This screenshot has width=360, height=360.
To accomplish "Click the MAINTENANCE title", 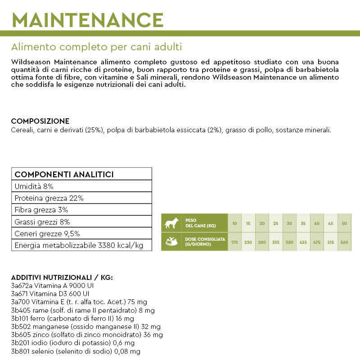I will pyautogui.click(x=87, y=19).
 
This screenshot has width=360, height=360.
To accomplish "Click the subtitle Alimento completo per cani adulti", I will pyautogui.click(x=96, y=47).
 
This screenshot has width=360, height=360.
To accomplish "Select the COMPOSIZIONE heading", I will pyautogui.click(x=40, y=121).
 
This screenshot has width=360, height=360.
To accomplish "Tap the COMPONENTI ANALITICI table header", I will pyautogui.click(x=64, y=175).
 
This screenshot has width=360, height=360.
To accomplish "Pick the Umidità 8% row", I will pyautogui.click(x=34, y=186).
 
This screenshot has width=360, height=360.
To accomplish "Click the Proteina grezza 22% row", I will pyautogui.click(x=49, y=198).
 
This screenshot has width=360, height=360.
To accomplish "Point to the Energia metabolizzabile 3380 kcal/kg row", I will pyautogui.click(x=79, y=245).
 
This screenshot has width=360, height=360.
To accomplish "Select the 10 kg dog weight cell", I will pyautogui.click(x=234, y=223).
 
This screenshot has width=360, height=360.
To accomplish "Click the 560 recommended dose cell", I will pyautogui.click(x=344, y=242).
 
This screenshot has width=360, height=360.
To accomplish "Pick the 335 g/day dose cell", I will pyautogui.click(x=276, y=242).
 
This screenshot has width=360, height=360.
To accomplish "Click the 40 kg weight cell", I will pyautogui.click(x=317, y=223).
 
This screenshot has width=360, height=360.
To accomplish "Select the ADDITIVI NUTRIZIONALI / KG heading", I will pyautogui.click(x=62, y=278).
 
